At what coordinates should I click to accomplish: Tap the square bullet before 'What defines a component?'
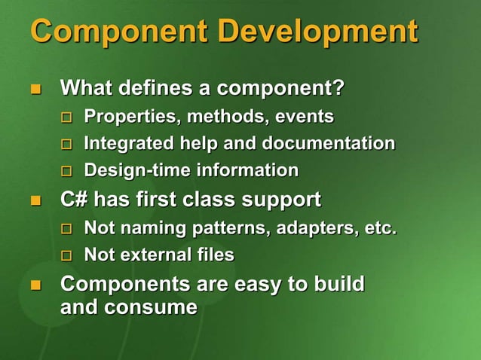[x=34, y=90]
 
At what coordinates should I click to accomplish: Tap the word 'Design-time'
[x=137, y=170]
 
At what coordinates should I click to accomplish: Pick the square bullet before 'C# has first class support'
[x=34, y=201]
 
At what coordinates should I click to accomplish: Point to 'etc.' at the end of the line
[x=381, y=227]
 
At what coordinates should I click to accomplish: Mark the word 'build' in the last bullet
[x=336, y=284]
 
